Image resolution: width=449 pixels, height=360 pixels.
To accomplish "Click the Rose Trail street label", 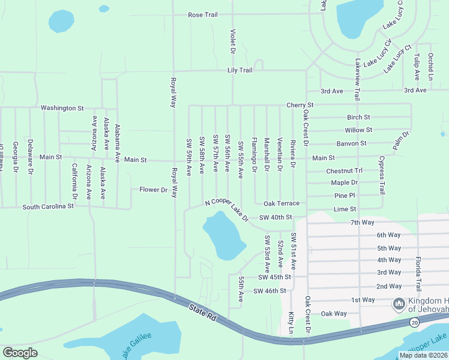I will (202, 15).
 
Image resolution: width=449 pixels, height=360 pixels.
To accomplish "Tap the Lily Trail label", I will (240, 70).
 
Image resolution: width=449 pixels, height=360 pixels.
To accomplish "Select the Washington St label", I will (62, 108).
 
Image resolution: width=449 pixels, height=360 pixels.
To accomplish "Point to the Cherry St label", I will (300, 105).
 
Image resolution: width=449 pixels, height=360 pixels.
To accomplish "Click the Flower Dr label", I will (153, 190).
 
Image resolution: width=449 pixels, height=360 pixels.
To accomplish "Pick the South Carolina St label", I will (47, 206).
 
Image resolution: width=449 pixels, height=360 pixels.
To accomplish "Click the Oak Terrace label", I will (281, 203).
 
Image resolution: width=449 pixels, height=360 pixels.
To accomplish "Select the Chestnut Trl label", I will (345, 171).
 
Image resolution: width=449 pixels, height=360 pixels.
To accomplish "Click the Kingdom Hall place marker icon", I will (399, 305).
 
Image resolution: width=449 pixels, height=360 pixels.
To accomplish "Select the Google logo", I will (20, 353).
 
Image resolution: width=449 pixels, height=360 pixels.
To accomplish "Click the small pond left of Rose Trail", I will (61, 22).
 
